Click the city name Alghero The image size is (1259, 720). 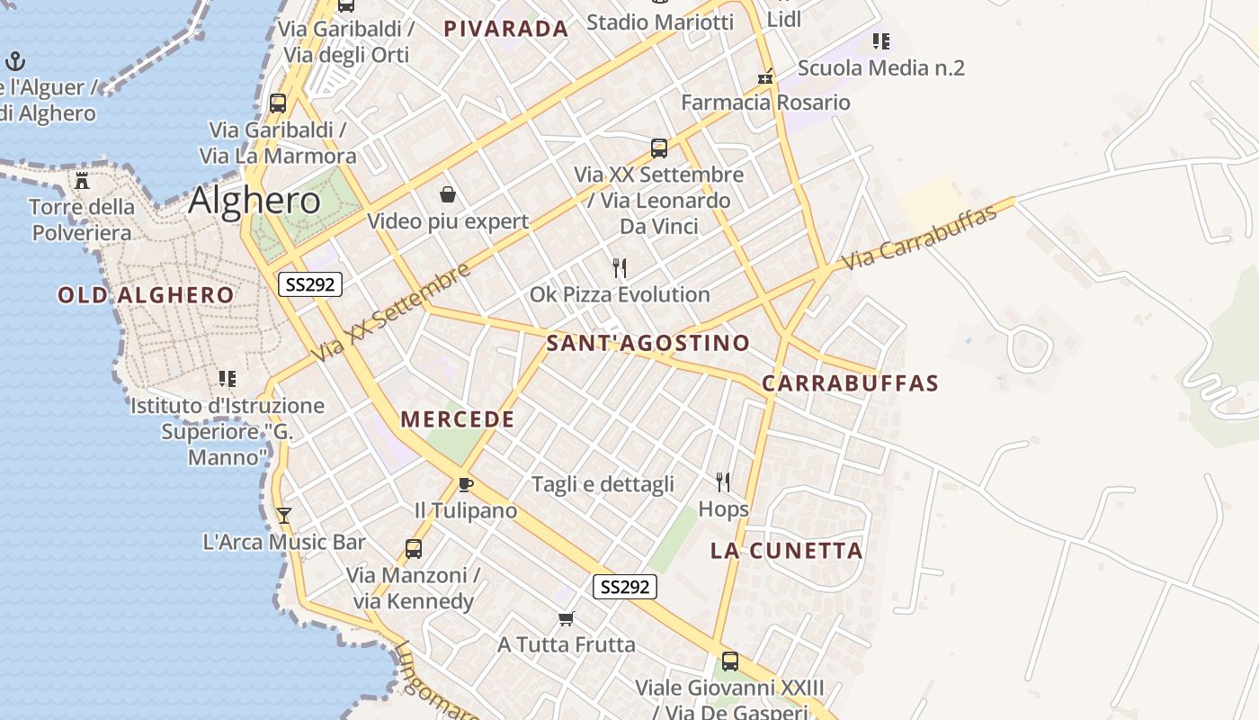(254, 200)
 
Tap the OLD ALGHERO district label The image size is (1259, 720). (146, 295)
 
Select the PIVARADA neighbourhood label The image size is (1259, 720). (506, 29)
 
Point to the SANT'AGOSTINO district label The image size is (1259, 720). (647, 343)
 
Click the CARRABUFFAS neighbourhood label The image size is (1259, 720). (850, 383)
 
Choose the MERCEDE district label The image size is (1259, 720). (458, 419)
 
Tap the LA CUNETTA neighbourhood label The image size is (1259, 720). (787, 551)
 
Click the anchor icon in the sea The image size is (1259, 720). (14, 61)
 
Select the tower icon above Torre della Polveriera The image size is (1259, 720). (82, 180)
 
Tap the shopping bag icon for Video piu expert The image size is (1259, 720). (447, 194)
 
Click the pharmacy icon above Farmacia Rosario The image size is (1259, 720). (765, 77)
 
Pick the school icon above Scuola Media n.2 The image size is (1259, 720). (880, 41)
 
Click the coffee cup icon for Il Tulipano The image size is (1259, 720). (465, 485)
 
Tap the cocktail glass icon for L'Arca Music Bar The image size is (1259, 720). (284, 516)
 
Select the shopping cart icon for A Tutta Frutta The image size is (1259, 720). (566, 618)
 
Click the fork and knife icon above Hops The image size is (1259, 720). (723, 482)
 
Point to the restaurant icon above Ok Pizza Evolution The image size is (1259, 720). (619, 268)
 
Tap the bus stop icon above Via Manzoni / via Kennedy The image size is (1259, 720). (413, 548)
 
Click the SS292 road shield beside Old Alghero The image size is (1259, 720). (309, 285)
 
